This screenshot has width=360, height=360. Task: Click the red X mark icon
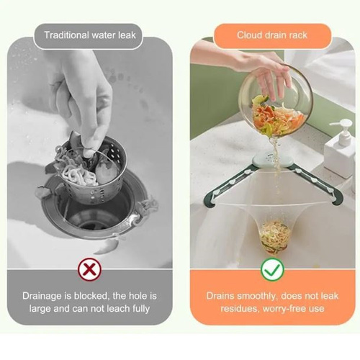click(x=89, y=269)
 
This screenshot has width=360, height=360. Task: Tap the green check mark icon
click(x=272, y=269)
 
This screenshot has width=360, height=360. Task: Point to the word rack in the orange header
click(x=298, y=35)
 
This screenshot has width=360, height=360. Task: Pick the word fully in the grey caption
click(x=141, y=309)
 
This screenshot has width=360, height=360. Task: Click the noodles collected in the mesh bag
click(x=273, y=235)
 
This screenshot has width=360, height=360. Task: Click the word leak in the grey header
click(x=127, y=35)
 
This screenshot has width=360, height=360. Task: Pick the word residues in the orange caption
click(x=240, y=309)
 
